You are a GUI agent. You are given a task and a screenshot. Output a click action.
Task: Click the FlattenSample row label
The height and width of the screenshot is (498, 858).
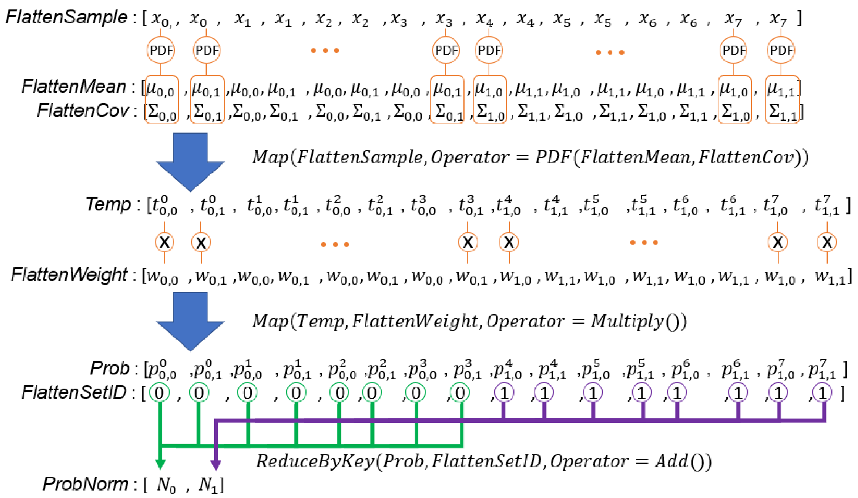66,17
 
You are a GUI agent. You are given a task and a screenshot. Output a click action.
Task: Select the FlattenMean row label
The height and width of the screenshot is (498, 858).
73,87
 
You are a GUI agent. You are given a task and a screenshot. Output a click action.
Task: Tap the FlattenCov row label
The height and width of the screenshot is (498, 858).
83,111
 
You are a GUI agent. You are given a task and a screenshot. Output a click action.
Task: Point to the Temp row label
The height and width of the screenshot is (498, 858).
108,205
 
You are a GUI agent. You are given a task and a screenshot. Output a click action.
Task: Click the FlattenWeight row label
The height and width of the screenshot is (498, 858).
69,275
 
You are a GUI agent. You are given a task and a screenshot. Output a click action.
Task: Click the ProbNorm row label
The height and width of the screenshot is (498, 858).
85,484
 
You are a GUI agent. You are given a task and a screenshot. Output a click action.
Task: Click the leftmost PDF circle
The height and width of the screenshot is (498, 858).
161,50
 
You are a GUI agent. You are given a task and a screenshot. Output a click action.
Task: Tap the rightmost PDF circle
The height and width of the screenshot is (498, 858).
781,50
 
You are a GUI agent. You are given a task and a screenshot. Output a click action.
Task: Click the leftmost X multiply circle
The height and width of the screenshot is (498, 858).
165,242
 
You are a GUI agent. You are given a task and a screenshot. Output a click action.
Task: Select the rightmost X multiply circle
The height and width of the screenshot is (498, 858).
827,242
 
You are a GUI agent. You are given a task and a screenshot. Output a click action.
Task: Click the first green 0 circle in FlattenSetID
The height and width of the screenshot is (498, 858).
160,393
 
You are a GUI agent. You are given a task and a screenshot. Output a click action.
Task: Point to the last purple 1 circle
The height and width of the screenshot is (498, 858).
822,393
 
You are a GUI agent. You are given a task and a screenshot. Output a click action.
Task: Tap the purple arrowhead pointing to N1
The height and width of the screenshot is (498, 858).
216,464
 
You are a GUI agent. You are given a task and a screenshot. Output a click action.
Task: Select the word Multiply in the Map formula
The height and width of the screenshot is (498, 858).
627,321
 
